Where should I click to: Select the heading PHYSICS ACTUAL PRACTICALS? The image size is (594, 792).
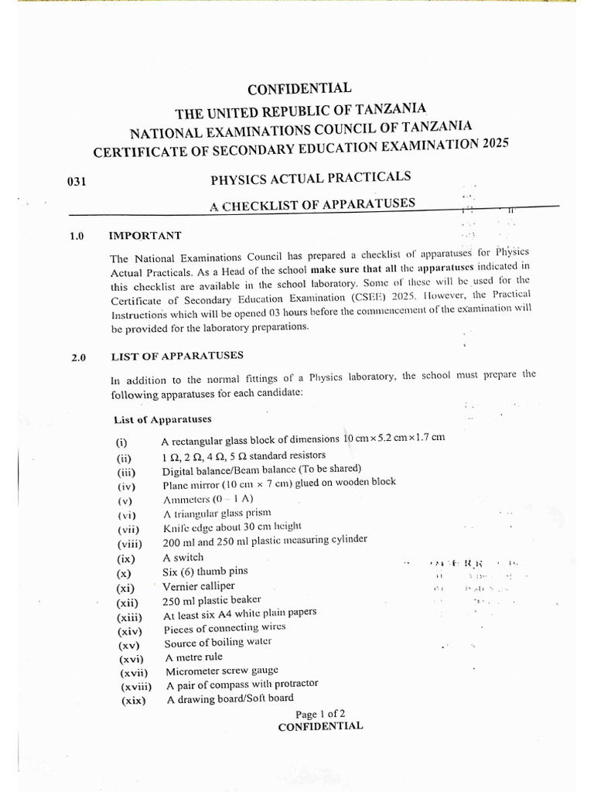click(310, 179)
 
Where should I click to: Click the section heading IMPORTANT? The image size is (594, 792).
click(145, 235)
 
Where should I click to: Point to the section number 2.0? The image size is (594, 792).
click(79, 358)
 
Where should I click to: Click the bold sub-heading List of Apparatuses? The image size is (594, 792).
click(162, 419)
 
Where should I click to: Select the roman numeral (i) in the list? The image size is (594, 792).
click(121, 443)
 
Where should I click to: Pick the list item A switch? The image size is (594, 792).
click(183, 558)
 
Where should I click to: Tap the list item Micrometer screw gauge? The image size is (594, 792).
click(221, 671)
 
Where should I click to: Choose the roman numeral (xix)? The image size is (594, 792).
click(133, 701)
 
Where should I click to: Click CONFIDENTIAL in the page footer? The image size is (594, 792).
click(319, 727)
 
